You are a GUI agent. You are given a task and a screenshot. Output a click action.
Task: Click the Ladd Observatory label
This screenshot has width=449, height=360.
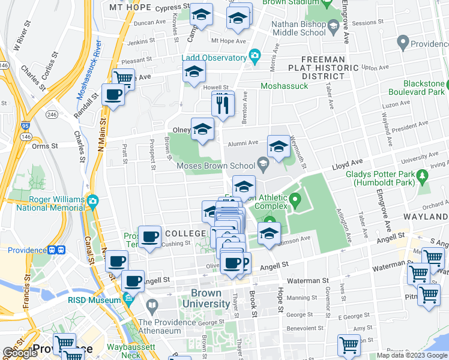pos(214,58)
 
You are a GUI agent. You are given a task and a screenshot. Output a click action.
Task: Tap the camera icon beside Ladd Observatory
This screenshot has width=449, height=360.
pos(255,57)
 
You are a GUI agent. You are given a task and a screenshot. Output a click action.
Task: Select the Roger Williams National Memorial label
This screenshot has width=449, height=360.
pos(47,204)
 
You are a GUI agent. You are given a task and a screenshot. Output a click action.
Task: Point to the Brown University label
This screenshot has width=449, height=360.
pos(214,298)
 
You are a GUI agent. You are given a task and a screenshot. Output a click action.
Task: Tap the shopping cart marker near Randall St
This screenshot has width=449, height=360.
pos(123,78)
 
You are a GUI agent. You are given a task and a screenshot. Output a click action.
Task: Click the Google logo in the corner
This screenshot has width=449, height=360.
pos(20,353)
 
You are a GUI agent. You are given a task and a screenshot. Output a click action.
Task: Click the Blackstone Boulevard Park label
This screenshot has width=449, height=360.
pos(414,88)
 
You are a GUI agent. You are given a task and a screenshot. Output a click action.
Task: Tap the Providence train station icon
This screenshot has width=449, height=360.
pos(56,250)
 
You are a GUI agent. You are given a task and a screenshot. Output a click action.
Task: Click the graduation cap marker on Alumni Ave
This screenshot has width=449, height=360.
pos(278,146)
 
